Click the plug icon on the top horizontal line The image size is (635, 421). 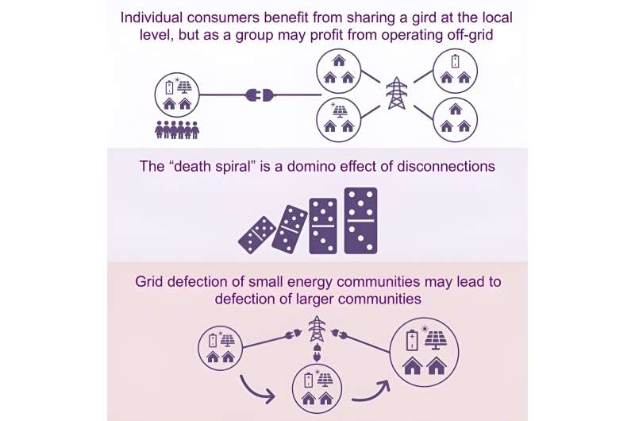coord(260,95)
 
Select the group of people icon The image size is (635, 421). coord(177,129)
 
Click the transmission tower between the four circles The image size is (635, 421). coord(397,93)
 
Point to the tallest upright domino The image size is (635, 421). coord(360,221)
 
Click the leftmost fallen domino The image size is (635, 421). coord(257,235)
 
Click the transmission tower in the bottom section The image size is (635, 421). coord(317,329)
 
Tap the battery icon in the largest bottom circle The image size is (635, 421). coord(412,340)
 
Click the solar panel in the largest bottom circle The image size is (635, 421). coord(435,338)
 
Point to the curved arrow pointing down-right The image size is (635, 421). coord(257,389)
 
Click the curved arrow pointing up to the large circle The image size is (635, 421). coord(371,391)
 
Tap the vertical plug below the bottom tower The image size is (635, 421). coord(317,352)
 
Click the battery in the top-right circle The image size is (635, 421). coord(455,62)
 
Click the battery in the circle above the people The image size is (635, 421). coord(170,87)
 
